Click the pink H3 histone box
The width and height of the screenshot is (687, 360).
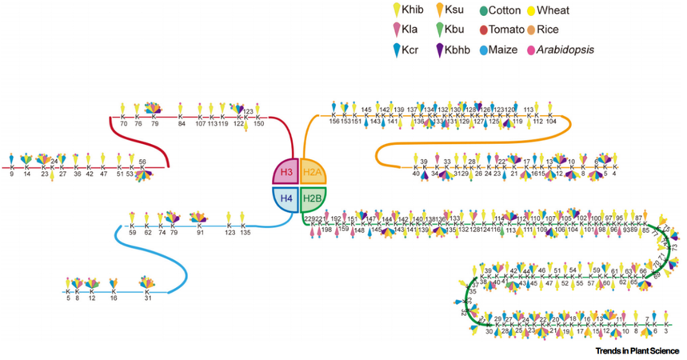pos(286,173)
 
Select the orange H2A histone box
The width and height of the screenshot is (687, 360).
pos(314,173)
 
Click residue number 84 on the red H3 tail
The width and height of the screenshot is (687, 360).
pos(182,123)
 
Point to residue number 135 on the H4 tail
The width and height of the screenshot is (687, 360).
pos(245,233)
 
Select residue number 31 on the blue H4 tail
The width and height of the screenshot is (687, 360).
pos(148,299)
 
